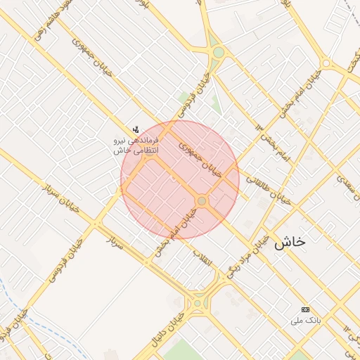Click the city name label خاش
[290, 242]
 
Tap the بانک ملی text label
[306, 321]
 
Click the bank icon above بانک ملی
[305, 309]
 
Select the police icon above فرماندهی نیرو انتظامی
[136, 129]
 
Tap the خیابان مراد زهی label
[251, 251]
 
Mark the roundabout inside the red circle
[202, 201]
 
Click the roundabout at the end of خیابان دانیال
[198, 304]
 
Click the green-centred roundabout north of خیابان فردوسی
[219, 52]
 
